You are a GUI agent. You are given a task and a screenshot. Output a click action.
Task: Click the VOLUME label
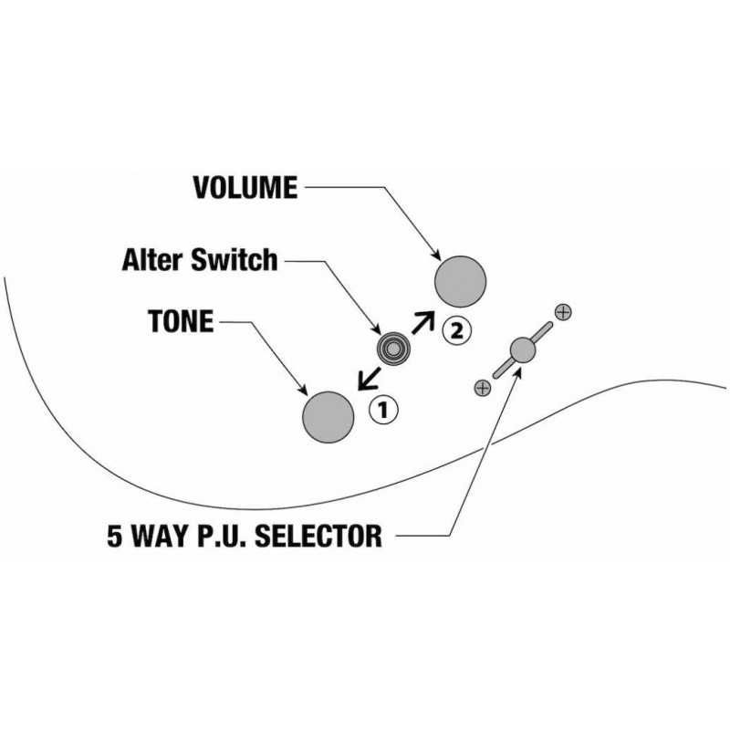245,188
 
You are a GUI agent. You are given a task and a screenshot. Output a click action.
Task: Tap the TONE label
180,321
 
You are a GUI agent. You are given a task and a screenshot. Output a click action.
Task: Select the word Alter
153,260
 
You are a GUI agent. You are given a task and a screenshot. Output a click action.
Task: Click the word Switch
235,260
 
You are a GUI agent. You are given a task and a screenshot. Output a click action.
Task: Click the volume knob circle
461,281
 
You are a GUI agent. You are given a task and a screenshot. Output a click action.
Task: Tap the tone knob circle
328,417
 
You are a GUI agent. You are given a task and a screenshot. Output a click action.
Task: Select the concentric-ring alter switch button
392,348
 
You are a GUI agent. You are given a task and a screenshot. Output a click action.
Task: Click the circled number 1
383,411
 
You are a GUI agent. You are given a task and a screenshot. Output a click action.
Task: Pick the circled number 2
457,331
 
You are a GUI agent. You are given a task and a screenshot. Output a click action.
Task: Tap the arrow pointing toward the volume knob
421,322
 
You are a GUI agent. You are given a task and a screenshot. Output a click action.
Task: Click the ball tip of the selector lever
522,349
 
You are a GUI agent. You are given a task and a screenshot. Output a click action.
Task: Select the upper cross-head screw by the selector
563,311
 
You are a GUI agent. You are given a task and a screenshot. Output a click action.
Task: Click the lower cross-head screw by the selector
483,387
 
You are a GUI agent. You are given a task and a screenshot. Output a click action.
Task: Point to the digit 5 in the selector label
115,536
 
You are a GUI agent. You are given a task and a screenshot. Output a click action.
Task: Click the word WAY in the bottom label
160,536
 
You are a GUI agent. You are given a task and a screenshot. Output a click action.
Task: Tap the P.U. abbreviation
222,536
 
